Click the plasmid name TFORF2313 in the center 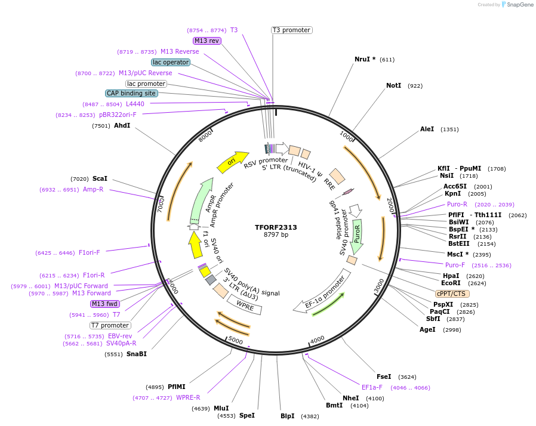click(276, 227)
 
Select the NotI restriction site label click(393, 86)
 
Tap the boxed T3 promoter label click(291, 30)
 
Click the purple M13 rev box click(207, 41)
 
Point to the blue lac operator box click(171, 62)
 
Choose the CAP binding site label click(131, 93)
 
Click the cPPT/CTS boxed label click(452, 294)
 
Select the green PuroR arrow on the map click(358, 234)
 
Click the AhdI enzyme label click(122, 126)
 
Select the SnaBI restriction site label click(136, 354)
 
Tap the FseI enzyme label click(384, 376)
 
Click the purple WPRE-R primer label click(188, 397)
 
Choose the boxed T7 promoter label click(110, 325)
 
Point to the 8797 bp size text click(276, 235)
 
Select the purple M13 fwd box click(104, 304)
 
